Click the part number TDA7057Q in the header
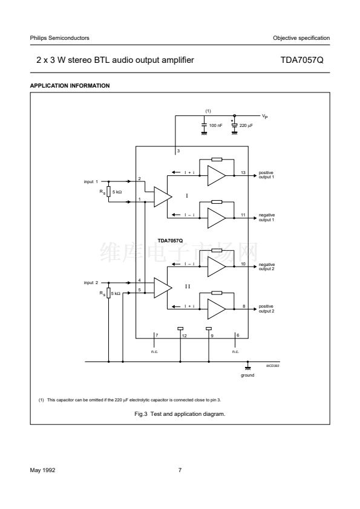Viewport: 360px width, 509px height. (x=302, y=60)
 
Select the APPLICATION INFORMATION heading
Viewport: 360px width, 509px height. (x=70, y=86)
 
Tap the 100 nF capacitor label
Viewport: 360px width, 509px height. (x=216, y=125)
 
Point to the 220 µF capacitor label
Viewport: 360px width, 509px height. (x=246, y=125)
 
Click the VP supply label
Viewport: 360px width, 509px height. (x=265, y=116)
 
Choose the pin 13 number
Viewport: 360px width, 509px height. (x=243, y=173)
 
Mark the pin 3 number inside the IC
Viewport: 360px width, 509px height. (x=178, y=151)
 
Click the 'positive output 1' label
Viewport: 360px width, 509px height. (x=266, y=175)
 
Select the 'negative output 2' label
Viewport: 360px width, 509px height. (x=266, y=267)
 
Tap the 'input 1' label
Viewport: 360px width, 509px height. (x=91, y=181)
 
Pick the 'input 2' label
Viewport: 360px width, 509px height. (x=91, y=283)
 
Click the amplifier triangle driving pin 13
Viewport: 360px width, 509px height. (x=217, y=176)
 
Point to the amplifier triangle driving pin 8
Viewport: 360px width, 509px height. (x=217, y=309)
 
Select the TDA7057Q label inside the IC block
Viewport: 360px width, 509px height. (x=170, y=241)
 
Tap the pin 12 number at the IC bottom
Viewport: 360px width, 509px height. (x=184, y=336)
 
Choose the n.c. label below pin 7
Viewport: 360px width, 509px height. (x=154, y=352)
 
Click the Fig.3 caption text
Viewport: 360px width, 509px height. (x=180, y=414)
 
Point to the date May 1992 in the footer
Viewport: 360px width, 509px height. (x=42, y=470)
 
